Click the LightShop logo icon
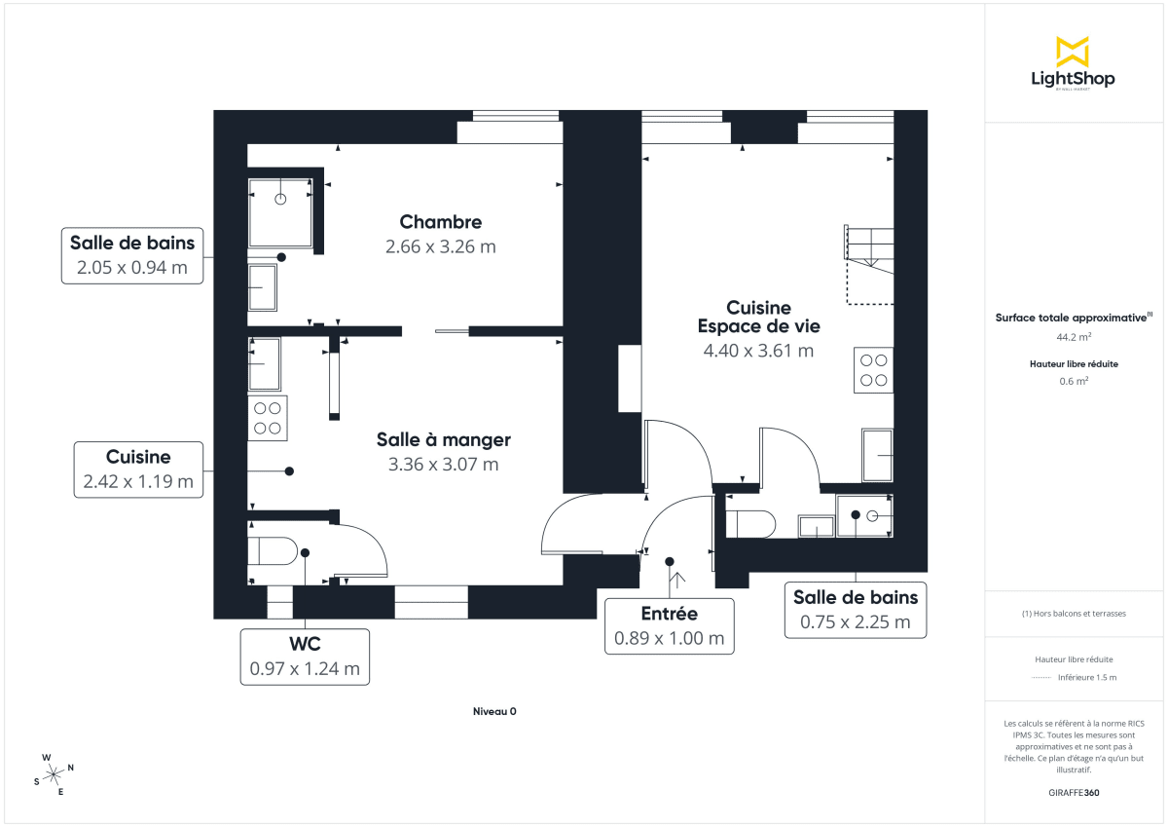tap(1072, 52)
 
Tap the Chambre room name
tap(440, 222)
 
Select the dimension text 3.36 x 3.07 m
tap(443, 465)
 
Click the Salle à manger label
tap(443, 440)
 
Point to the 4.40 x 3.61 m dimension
tap(758, 351)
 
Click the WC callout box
tap(305, 657)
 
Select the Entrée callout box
tap(669, 625)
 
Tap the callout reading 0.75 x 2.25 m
tap(855, 610)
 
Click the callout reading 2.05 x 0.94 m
tap(131, 256)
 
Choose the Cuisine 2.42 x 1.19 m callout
tap(138, 469)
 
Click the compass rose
tap(55, 773)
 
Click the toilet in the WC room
tap(273, 552)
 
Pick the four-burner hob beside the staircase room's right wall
tap(873, 369)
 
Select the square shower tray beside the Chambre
tap(280, 211)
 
